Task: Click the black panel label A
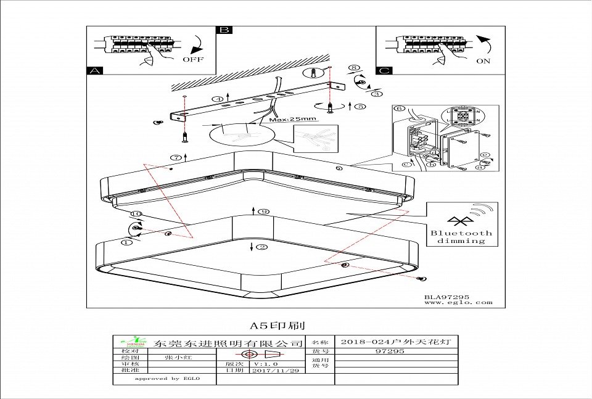94,71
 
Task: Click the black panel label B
224,30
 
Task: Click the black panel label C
384,71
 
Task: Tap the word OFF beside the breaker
192,60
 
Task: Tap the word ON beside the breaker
483,61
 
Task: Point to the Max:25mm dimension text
292,118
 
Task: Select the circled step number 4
218,99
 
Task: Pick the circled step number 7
175,158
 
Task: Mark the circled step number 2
262,247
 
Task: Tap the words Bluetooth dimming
461,237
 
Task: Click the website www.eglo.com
458,302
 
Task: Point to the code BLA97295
446,297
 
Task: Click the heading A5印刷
277,325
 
